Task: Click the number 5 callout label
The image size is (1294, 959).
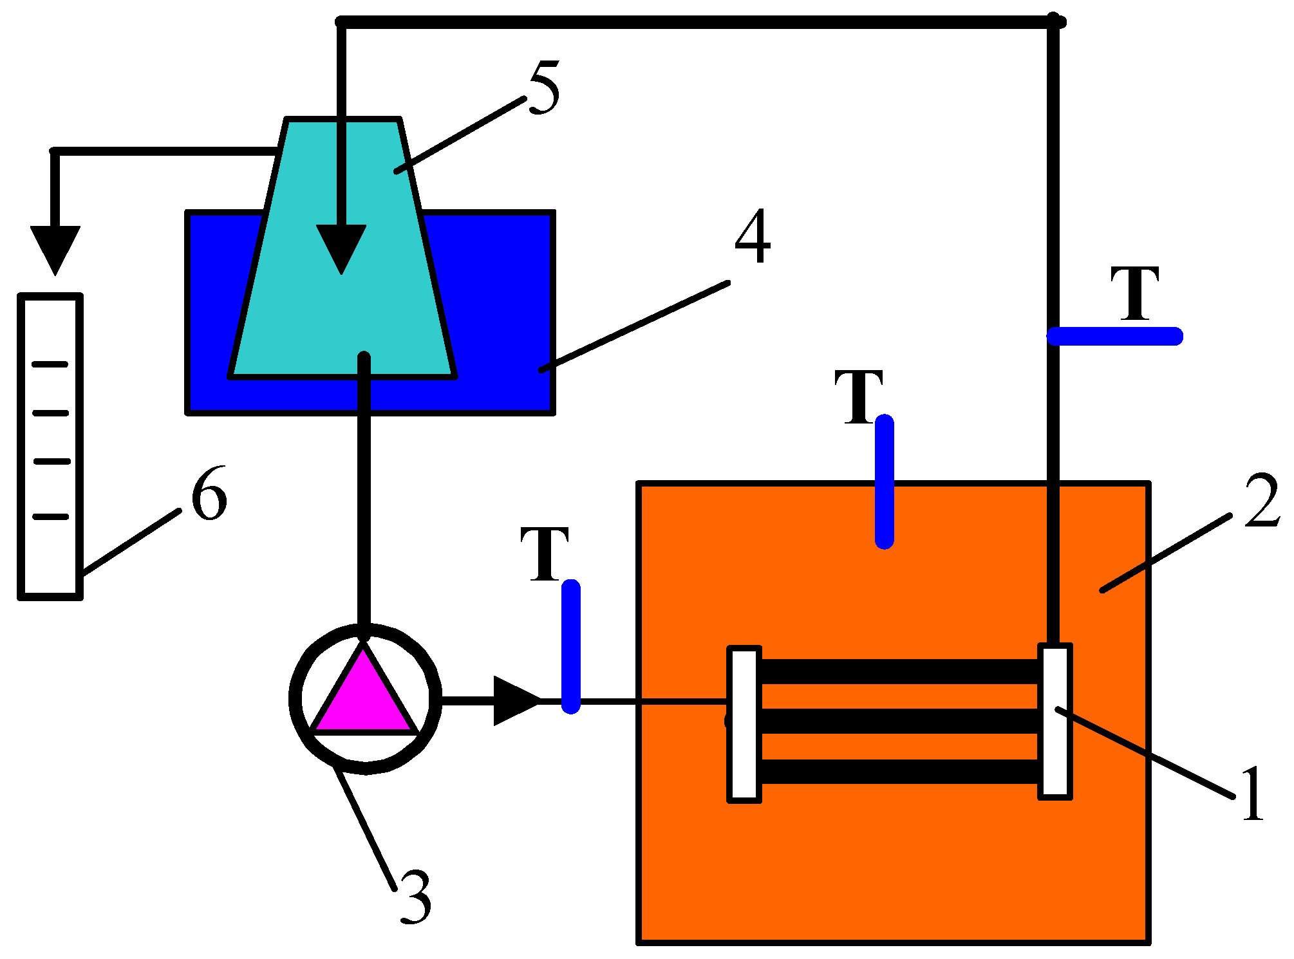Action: [x=545, y=88]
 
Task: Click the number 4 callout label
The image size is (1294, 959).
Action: [x=752, y=237]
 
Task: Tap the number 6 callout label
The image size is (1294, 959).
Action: [x=209, y=494]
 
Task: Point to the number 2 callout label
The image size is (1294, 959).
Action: [x=1261, y=501]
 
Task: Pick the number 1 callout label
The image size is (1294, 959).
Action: [x=1252, y=794]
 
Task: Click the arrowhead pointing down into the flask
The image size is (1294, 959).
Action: [x=341, y=248]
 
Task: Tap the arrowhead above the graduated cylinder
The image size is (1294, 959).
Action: [x=55, y=248]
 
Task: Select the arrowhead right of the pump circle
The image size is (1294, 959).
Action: [x=515, y=700]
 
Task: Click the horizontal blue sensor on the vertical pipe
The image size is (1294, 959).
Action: [x=1114, y=336]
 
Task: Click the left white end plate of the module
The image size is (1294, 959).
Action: [x=744, y=724]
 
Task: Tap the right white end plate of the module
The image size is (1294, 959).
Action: [x=1055, y=721]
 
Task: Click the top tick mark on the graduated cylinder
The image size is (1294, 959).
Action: [x=50, y=364]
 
